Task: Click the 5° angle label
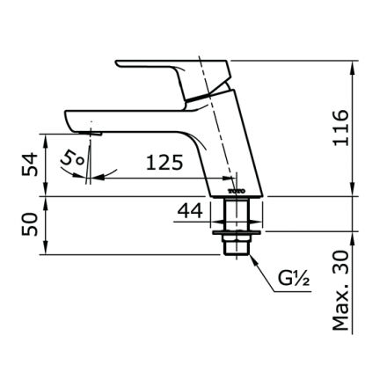point(73,159)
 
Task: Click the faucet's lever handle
point(167,70)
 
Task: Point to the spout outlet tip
point(95,131)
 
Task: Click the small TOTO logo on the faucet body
point(235,190)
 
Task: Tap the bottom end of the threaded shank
point(236,252)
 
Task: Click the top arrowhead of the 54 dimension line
point(47,136)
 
